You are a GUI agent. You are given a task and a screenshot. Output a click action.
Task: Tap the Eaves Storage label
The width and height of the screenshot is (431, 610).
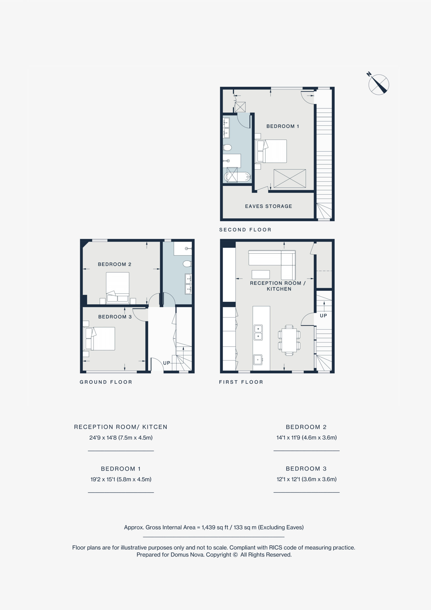(x=268, y=206)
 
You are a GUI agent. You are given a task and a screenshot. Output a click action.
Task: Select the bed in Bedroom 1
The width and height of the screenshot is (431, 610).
(x=271, y=151)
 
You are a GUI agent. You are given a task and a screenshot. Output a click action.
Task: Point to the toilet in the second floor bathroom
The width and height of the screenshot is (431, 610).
(x=227, y=147)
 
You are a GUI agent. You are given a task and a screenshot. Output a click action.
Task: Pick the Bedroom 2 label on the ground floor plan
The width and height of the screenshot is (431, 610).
(x=115, y=264)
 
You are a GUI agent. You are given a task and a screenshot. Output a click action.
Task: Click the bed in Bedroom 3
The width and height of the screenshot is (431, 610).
(x=99, y=339)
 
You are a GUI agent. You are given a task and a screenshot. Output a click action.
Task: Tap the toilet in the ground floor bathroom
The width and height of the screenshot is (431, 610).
(x=187, y=264)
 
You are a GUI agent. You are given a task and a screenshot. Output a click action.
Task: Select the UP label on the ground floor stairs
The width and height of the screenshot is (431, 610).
(x=167, y=363)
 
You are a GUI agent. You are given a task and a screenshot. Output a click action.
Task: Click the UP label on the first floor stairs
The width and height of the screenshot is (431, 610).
(x=323, y=316)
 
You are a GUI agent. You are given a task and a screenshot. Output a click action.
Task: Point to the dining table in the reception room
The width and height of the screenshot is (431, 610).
(x=289, y=340)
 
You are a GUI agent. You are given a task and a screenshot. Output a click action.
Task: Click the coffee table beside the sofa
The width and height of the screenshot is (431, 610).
(x=261, y=274)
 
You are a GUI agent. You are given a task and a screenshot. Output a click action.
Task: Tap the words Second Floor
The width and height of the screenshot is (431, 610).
(x=245, y=230)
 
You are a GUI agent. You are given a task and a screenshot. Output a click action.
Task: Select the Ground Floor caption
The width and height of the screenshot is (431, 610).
(x=106, y=382)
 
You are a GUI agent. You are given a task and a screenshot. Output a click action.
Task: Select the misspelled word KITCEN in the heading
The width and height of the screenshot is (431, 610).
(x=155, y=427)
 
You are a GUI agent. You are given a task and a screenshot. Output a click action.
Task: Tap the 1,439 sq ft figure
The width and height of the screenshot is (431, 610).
(x=215, y=527)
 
